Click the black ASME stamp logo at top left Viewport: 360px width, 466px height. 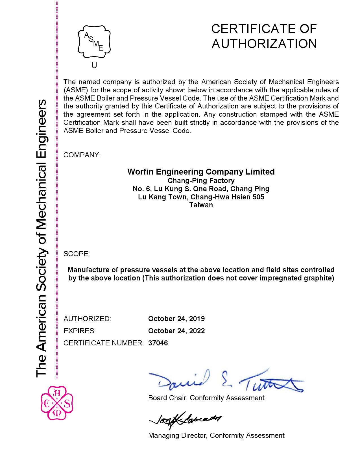pyautogui.click(x=94, y=43)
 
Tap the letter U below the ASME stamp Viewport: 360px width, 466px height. pyautogui.click(x=94, y=66)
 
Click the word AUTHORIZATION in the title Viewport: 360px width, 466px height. pyautogui.click(x=264, y=44)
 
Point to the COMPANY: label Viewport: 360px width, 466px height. pyautogui.click(x=82, y=155)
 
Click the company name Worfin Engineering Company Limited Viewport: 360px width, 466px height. pyautogui.click(x=201, y=172)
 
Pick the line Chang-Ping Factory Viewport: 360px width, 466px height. pyautogui.click(x=201, y=180)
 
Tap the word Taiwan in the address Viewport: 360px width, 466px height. pyautogui.click(x=201, y=205)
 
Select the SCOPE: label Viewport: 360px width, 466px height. pyautogui.click(x=77, y=254)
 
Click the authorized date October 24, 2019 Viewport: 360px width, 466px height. pyautogui.click(x=176, y=319)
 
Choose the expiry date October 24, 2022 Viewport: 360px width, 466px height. pyautogui.click(x=176, y=331)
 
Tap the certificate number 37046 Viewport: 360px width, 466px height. pyautogui.click(x=158, y=343)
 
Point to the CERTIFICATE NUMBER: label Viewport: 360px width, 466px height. pyautogui.click(x=104, y=343)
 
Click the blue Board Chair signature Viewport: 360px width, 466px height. pyautogui.click(x=226, y=381)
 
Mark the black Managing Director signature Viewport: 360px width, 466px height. pyautogui.click(x=185, y=420)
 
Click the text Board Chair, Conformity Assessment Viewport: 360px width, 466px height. pyautogui.click(x=206, y=398)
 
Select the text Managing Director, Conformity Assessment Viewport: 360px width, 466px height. pyautogui.click(x=216, y=435)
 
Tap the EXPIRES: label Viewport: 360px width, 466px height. pyautogui.click(x=80, y=331)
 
